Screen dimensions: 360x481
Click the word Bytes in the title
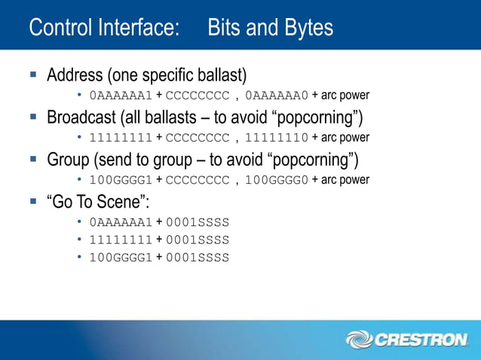305,28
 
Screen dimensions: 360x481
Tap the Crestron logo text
421,340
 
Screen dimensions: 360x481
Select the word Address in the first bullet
75,76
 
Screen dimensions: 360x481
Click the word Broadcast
83,118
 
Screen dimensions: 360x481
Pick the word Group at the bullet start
69,160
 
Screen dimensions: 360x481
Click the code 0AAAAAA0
277,96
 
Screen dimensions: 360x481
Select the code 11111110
277,138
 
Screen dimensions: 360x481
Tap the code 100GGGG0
277,180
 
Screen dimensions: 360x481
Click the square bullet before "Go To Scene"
33,203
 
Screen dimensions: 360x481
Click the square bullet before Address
33,76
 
